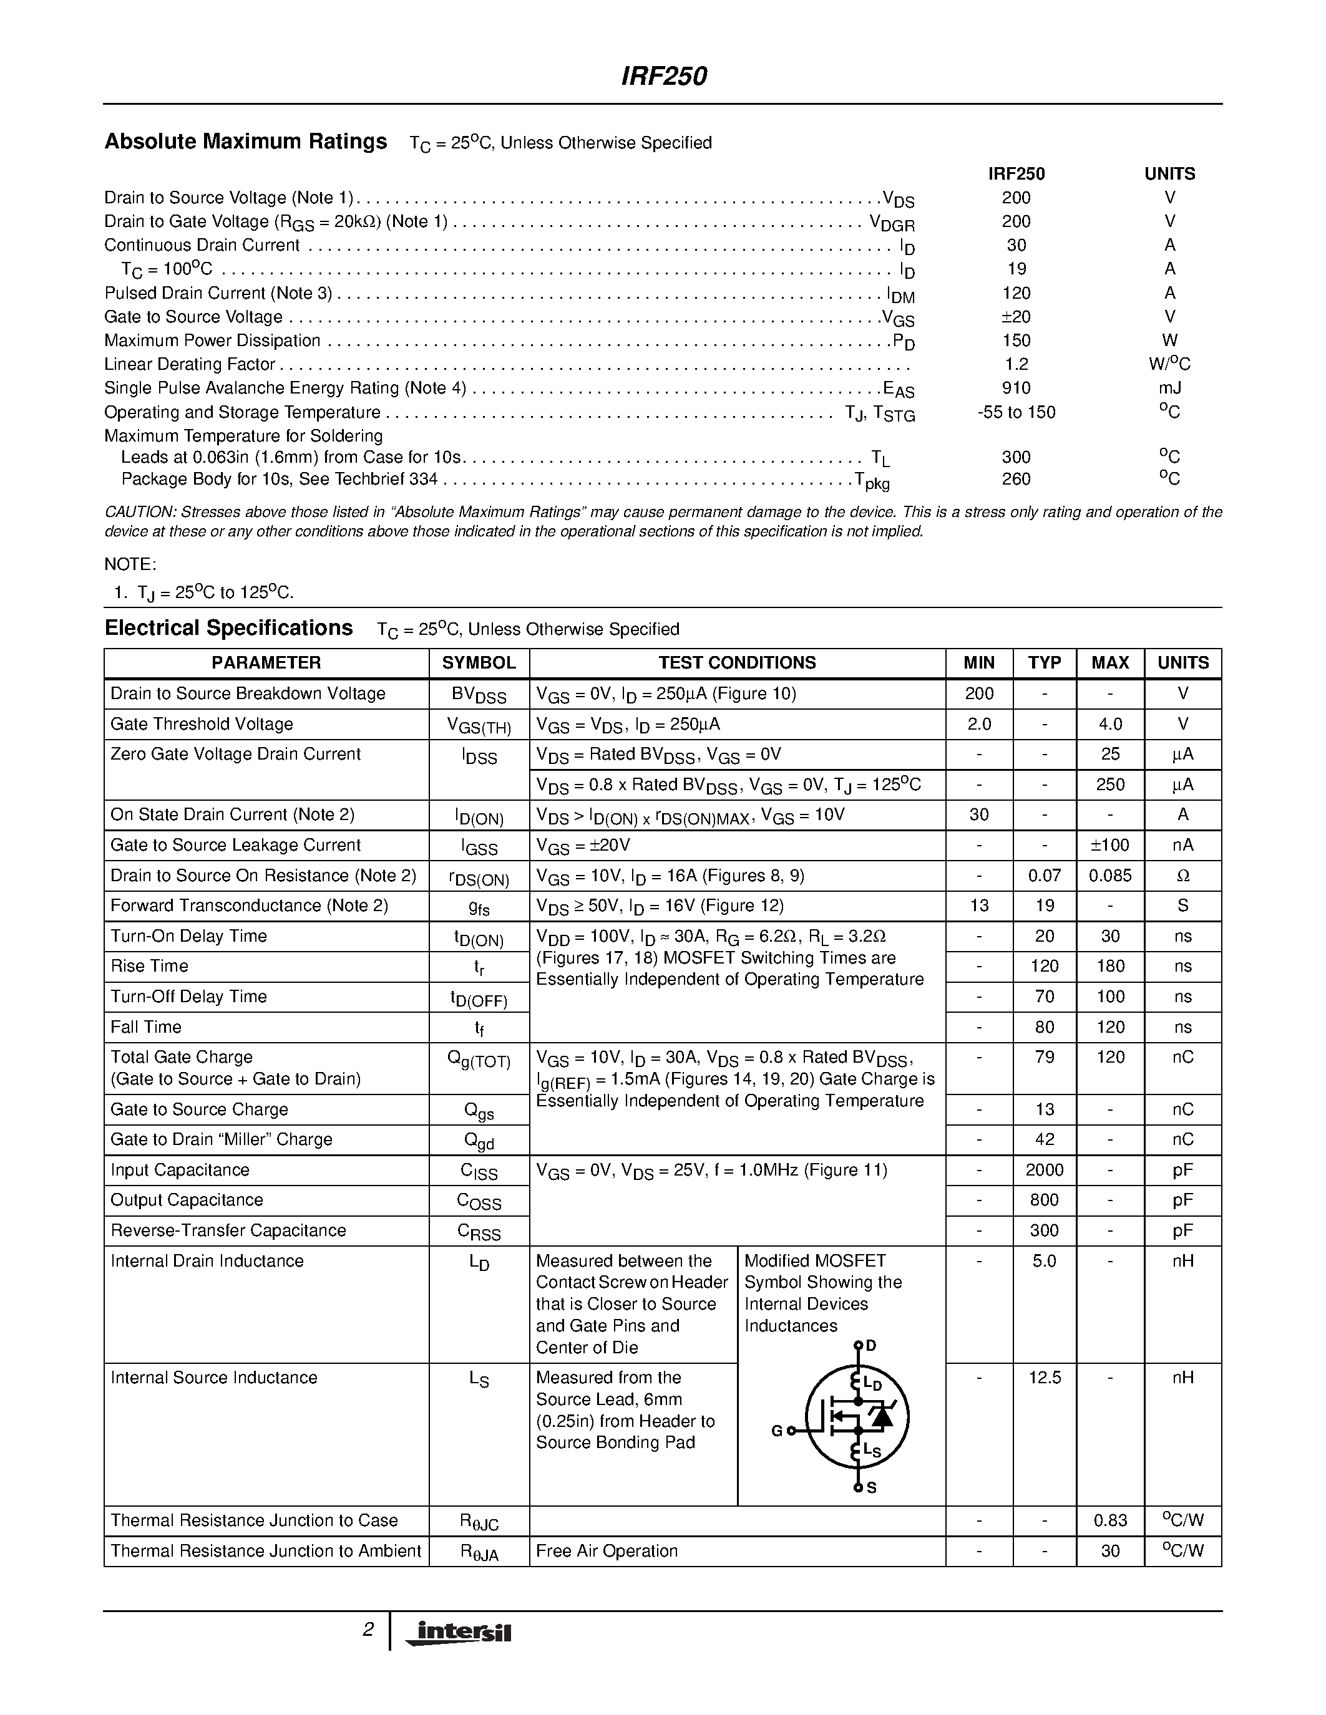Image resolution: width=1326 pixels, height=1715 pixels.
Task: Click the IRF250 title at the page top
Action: point(664,76)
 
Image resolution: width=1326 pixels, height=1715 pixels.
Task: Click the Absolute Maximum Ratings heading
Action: point(245,142)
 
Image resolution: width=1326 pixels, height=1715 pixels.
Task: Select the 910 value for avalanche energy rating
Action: point(1016,388)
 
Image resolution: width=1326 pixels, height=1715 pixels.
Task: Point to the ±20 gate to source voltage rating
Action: point(1016,316)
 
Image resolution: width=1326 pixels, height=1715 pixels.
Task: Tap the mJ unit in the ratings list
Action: point(1169,388)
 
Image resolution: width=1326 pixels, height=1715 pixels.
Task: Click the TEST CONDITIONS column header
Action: point(737,663)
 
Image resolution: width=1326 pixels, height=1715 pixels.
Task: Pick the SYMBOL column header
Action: point(479,663)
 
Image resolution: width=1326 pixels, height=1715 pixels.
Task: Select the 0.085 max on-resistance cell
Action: point(1109,876)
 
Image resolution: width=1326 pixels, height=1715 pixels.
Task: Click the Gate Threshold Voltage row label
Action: point(202,724)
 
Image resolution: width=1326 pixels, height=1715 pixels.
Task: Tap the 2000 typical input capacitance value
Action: point(1044,1170)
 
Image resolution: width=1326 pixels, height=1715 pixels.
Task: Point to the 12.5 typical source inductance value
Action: point(1044,1378)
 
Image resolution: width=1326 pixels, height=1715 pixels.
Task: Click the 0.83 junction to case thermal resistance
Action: point(1109,1520)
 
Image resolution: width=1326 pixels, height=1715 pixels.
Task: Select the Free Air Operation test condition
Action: point(607,1551)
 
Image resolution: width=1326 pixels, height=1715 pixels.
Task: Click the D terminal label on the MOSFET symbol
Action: point(870,1346)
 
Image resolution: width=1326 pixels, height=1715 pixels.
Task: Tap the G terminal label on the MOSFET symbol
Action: point(776,1431)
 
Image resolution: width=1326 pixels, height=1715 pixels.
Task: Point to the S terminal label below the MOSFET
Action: point(871,1488)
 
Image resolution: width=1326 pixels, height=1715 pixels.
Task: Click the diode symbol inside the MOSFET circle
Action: point(883,1416)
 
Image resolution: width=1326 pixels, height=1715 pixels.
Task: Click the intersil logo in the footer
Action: point(458,1633)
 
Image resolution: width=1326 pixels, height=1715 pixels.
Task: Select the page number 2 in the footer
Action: point(368,1630)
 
